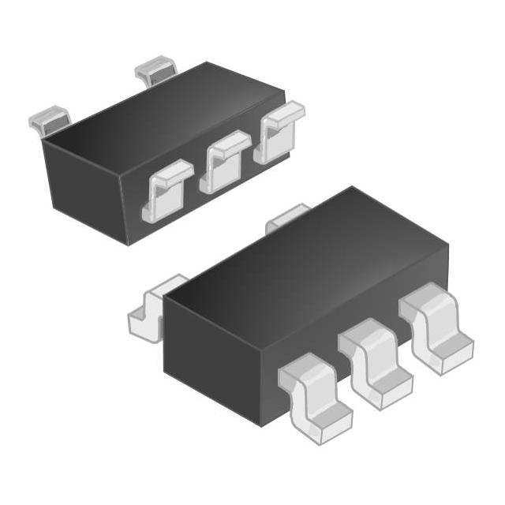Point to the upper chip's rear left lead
click(x=49, y=119)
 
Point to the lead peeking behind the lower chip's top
click(x=288, y=216)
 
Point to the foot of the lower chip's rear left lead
click(x=142, y=324)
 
